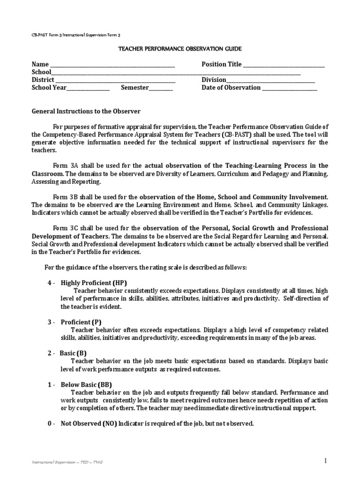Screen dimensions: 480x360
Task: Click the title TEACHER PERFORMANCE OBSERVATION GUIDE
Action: coord(180,49)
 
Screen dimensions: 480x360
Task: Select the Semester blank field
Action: coord(161,89)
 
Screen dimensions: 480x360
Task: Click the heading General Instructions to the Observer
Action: coord(86,112)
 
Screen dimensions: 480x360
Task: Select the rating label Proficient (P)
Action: coord(81,322)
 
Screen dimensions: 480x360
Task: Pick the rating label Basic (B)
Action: coord(73,353)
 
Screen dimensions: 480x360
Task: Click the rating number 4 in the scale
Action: coord(49,283)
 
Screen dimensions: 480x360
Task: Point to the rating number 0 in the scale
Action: coord(49,423)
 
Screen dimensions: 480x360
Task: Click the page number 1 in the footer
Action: coord(325,461)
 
